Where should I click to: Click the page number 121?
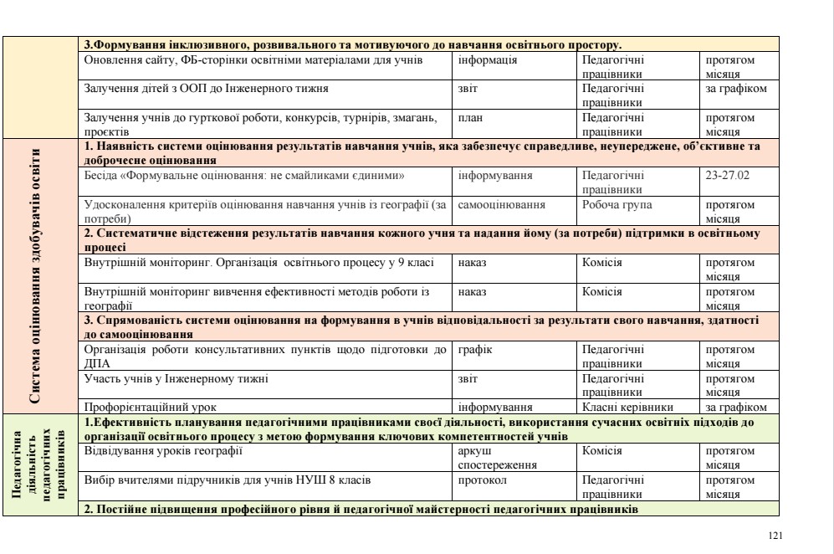(782, 531)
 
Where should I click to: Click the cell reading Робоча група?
(617, 203)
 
